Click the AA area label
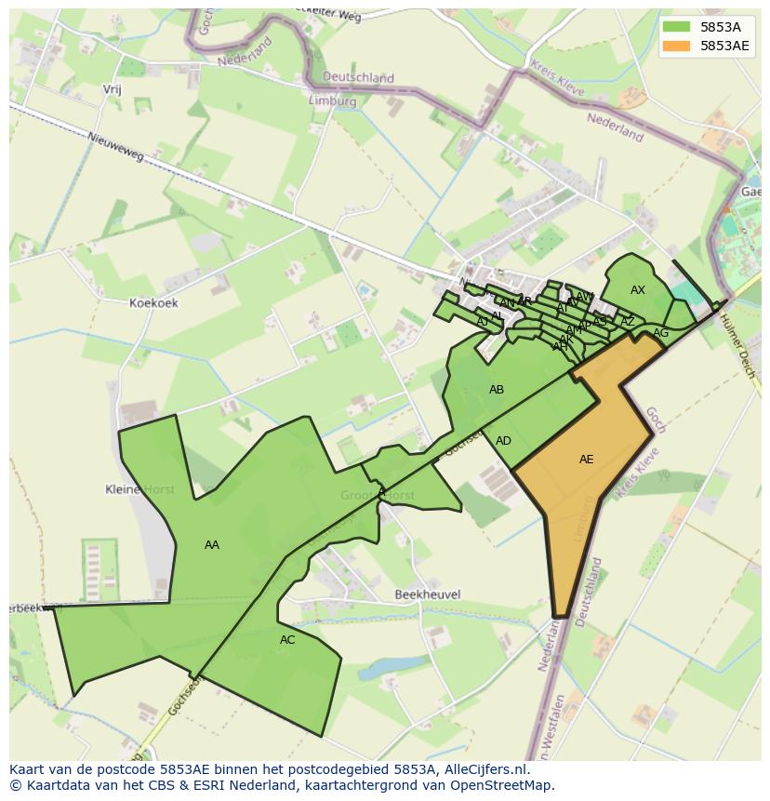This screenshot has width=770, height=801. (212, 545)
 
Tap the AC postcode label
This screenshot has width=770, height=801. (287, 640)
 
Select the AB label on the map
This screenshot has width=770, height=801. (497, 390)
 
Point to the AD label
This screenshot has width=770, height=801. (503, 441)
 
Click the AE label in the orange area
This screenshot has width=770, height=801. (586, 460)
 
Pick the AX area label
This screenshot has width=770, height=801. (638, 290)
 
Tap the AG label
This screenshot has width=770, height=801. (660, 333)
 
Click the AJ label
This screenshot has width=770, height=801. (482, 322)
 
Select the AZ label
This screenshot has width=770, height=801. (628, 322)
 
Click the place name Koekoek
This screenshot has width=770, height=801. (153, 303)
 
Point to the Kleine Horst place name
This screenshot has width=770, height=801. (139, 489)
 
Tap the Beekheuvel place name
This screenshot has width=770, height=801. (428, 594)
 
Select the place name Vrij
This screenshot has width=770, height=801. (113, 90)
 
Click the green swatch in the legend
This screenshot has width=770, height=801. (676, 27)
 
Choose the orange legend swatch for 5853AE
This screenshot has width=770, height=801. (676, 46)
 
